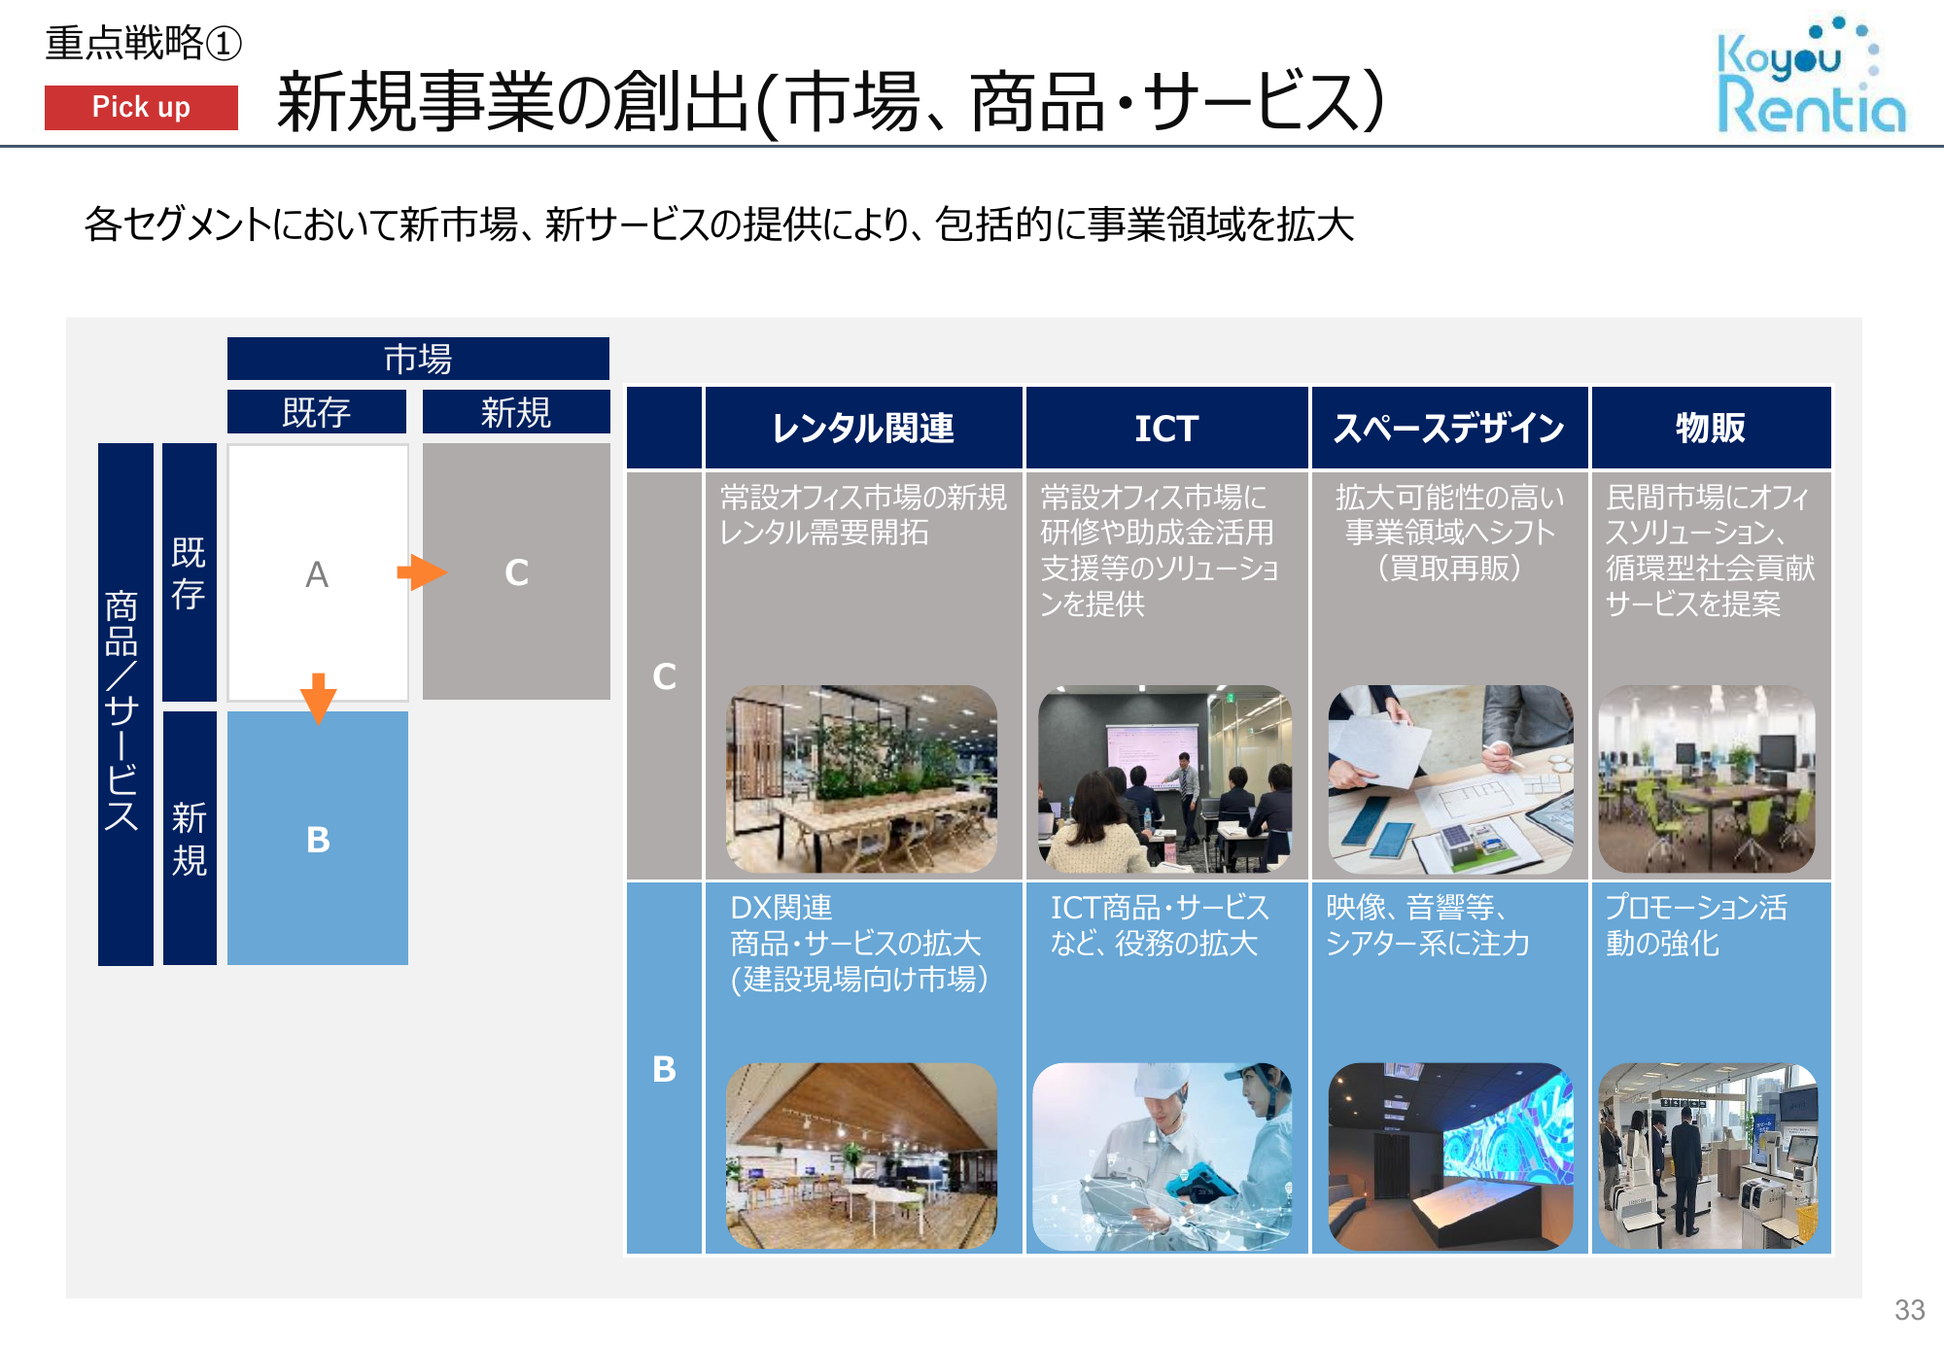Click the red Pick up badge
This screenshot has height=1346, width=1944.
click(141, 107)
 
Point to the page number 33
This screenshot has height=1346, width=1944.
click(1909, 1310)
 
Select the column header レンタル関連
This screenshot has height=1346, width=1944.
click(863, 428)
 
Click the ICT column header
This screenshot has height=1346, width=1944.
click(1166, 428)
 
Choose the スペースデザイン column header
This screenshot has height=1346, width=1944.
click(1449, 428)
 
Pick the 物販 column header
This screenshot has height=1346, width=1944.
click(1711, 428)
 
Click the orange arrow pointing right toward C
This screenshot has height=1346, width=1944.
click(422, 572)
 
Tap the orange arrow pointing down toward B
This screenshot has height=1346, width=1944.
click(318, 698)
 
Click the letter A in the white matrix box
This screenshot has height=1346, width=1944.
click(317, 574)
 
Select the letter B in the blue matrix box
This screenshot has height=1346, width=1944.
click(318, 840)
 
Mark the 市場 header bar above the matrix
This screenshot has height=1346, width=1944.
click(418, 359)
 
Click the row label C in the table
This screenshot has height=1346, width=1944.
click(664, 676)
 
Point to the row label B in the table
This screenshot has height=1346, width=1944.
click(664, 1069)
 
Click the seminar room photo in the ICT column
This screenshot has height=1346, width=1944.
click(1164, 778)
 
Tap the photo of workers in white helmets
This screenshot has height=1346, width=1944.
click(1163, 1156)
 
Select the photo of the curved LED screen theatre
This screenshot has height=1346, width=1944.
click(1450, 1156)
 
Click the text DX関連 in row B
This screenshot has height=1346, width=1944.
click(781, 908)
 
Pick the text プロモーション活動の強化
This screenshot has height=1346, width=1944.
click(1696, 925)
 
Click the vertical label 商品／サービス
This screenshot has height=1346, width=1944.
click(122, 709)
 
